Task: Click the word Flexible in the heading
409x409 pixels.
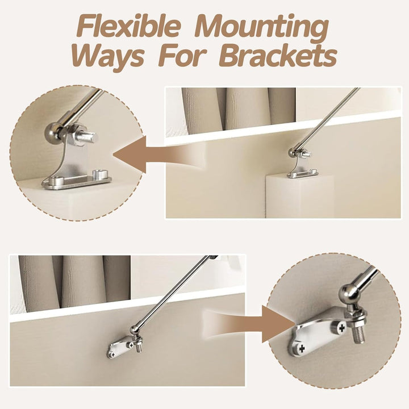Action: pos(130,27)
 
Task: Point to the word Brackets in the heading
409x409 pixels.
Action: pos(278,56)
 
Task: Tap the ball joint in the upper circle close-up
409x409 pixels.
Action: pos(53,132)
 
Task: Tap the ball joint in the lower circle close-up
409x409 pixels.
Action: pos(348,294)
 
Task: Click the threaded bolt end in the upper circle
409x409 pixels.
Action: pos(89,137)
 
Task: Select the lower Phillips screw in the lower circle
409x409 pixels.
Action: pos(302,348)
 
